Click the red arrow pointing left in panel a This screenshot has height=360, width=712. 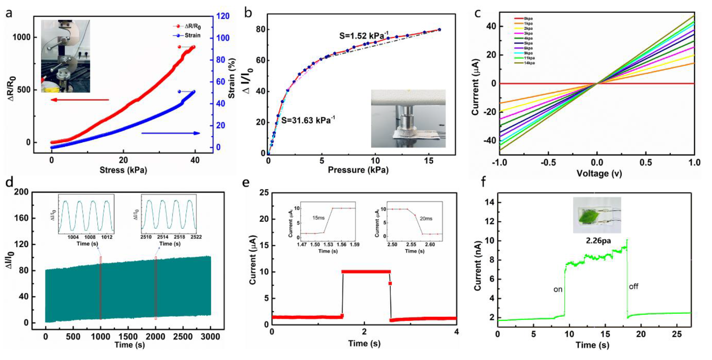tap(80, 100)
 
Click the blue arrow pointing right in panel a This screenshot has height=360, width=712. tap(170, 133)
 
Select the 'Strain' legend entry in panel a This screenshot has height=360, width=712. tap(192, 35)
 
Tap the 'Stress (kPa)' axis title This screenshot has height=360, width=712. tap(123, 170)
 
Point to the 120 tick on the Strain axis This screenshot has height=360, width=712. tap(223, 16)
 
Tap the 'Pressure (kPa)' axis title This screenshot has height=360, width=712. tap(358, 170)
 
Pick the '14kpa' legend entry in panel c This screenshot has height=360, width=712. tap(529, 63)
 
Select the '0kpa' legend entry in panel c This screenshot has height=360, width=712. tap(528, 19)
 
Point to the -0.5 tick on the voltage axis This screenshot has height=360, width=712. tap(548, 162)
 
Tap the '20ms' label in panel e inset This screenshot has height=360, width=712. tap(426, 218)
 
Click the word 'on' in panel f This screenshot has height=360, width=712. tap(558, 290)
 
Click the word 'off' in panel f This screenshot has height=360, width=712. tap(634, 287)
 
